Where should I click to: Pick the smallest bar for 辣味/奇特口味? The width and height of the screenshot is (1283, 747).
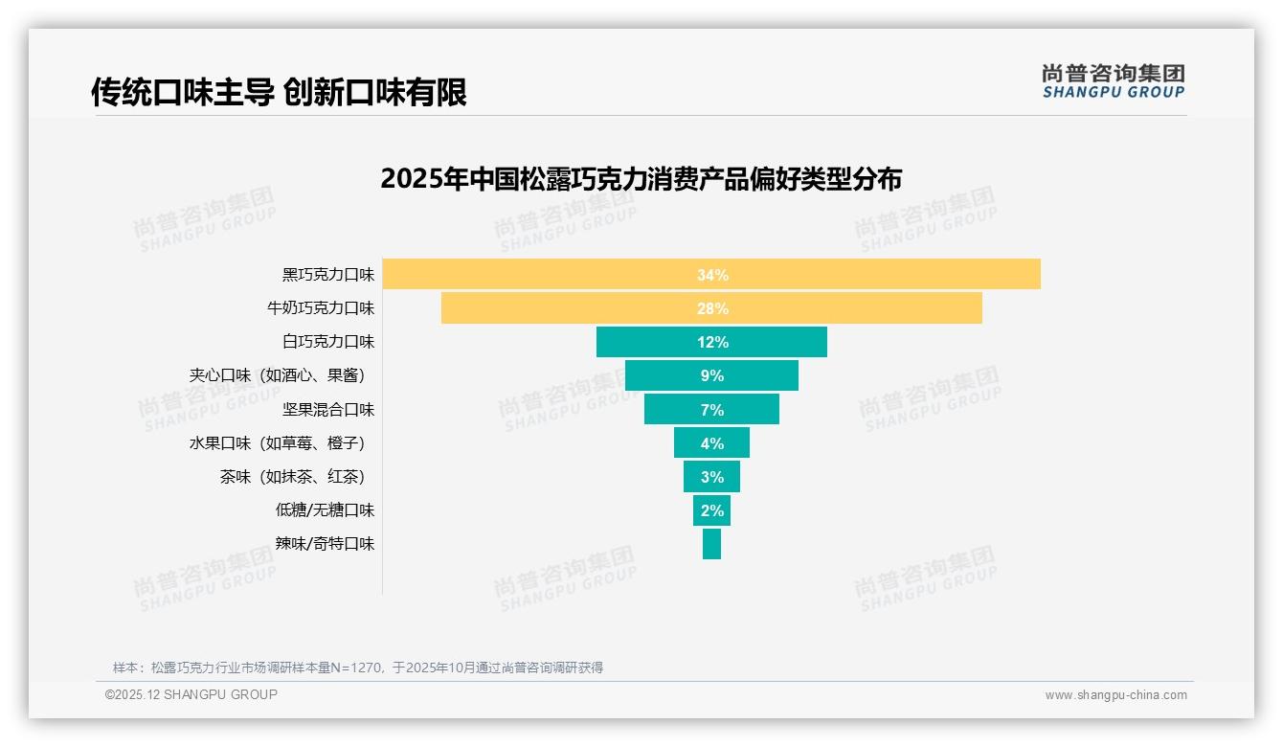click(711, 544)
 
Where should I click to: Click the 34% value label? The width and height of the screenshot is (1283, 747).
click(712, 275)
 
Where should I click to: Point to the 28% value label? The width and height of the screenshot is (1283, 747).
click(712, 308)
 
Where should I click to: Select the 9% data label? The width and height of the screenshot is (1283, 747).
click(711, 376)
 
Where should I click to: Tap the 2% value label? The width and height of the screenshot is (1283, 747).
click(711, 510)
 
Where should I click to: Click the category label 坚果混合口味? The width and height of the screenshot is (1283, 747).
click(327, 410)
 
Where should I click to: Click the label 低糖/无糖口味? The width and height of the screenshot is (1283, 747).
click(325, 510)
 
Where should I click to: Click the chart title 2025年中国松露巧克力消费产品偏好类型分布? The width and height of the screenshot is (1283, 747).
click(641, 179)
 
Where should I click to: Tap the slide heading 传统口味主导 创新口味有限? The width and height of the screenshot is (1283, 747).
click(279, 92)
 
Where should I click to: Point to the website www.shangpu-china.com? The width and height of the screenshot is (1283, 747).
click(1115, 695)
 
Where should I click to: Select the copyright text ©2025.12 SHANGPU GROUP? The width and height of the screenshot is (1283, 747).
click(191, 694)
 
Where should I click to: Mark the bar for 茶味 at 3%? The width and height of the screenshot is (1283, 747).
click(711, 477)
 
